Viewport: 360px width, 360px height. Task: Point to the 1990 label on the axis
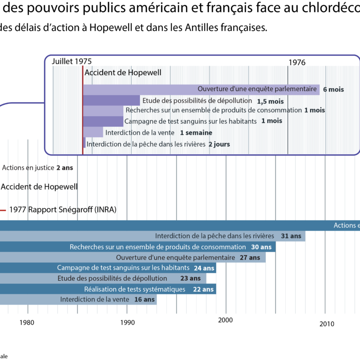(x=127, y=322)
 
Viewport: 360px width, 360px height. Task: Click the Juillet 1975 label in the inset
(x=72, y=61)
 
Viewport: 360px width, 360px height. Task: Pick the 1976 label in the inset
(x=297, y=63)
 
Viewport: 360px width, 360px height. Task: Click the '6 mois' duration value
(x=333, y=90)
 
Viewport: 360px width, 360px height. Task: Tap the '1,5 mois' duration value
(x=270, y=101)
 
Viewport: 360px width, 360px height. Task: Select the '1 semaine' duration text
(x=196, y=133)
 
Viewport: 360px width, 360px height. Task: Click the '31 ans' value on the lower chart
(x=291, y=236)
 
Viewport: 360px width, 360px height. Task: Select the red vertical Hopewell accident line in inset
(x=83, y=112)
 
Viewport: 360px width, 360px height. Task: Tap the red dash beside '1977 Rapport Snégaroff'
(x=3, y=210)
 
